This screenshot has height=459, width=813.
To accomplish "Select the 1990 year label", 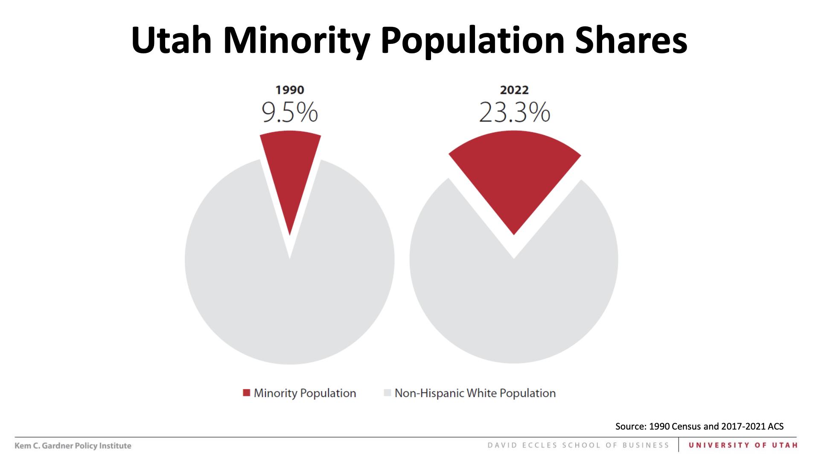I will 290,90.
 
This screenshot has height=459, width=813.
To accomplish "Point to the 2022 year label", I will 514,90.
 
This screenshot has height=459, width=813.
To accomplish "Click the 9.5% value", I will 290,113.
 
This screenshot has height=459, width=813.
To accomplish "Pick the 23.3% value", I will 514,113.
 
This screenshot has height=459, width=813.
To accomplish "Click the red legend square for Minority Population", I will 246,393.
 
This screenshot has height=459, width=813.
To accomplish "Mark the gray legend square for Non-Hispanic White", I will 388,393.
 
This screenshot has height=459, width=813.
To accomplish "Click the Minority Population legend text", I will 305,393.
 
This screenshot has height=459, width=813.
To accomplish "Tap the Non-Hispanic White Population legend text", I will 475,393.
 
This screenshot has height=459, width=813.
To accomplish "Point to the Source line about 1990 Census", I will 699,426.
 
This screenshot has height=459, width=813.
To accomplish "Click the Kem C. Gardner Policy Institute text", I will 73,446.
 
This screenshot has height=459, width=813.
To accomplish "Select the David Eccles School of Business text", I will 578,445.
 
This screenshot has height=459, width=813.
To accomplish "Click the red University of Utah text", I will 743,445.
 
